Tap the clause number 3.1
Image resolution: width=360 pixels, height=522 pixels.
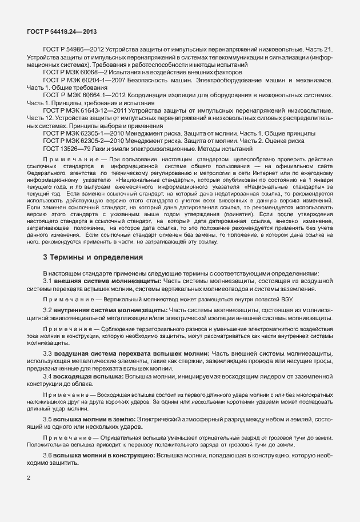[48, 281]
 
